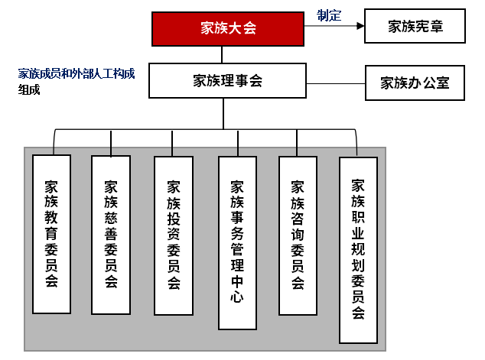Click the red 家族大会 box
pos(228,29)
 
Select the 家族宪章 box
pos(415,28)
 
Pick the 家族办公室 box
pos(415,83)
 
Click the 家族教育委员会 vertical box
pos(52,233)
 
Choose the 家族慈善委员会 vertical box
pos(111,233)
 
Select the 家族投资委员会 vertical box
pos(174,235)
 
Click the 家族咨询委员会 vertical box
pos(298,235)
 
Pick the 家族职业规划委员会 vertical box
pos(358,249)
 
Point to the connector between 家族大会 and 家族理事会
pos(223,54)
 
